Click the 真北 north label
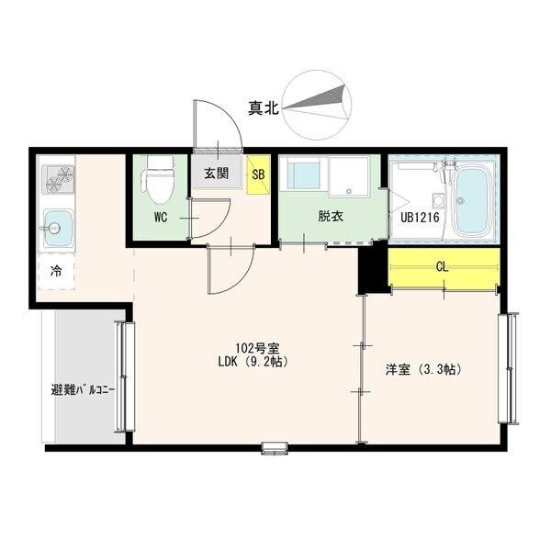[262, 108]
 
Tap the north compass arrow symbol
[317, 106]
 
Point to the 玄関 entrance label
[218, 173]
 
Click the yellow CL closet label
[442, 267]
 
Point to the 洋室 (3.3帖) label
[422, 370]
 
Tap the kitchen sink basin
[58, 225]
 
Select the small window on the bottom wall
[275, 448]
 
